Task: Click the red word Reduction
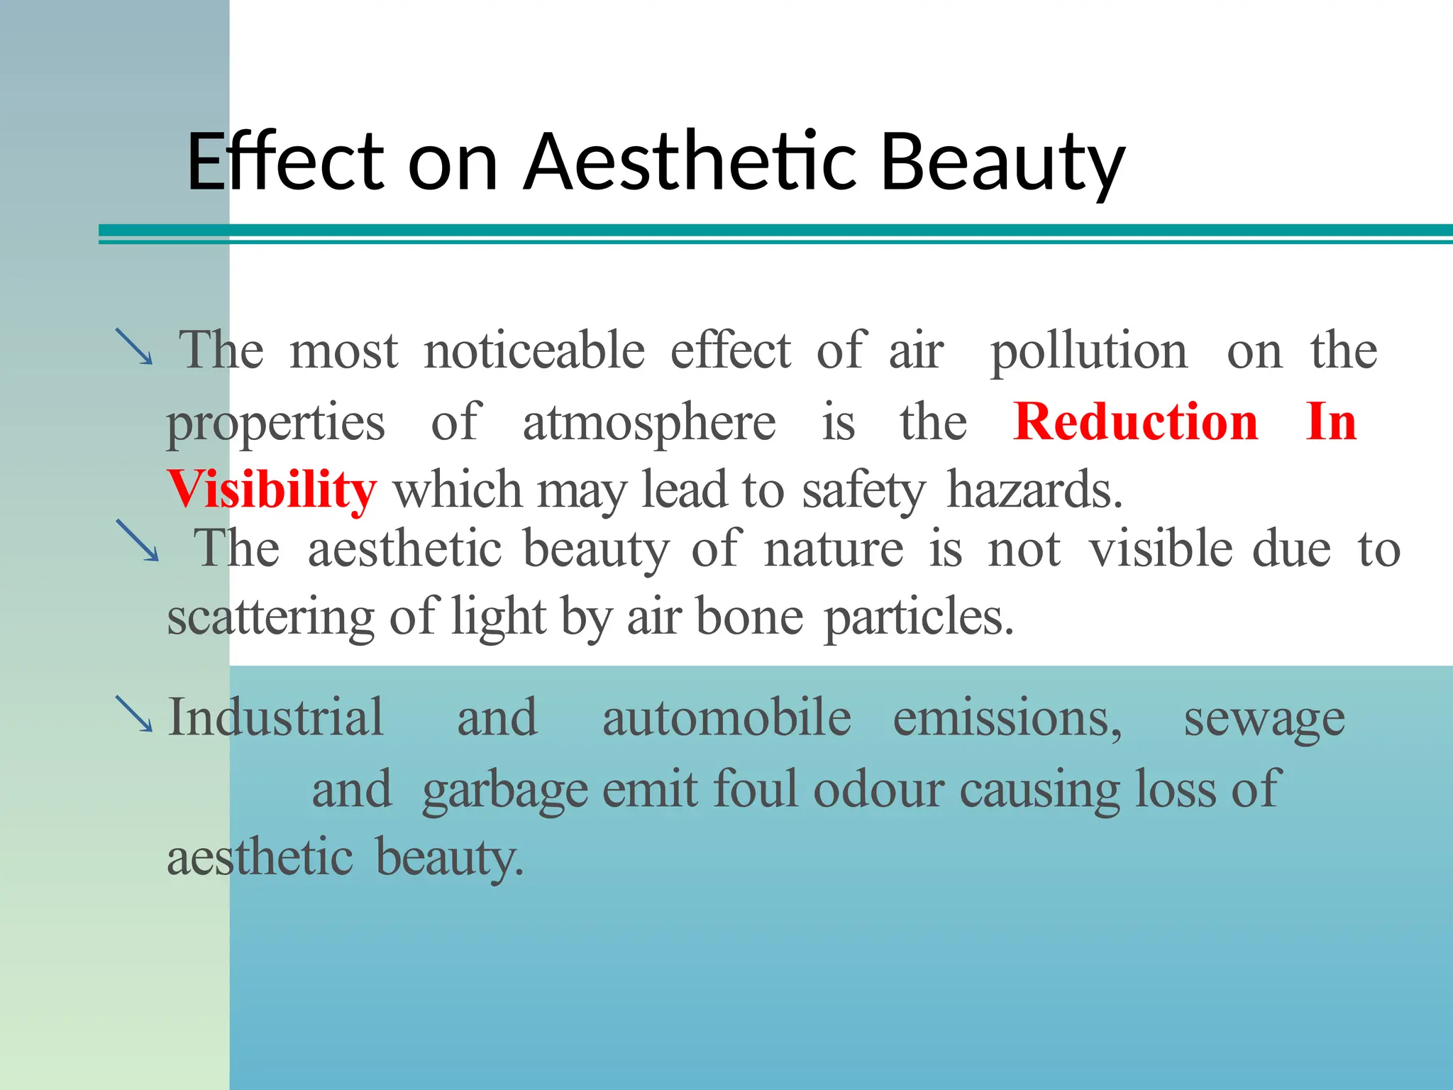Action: (1136, 422)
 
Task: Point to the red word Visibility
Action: (271, 490)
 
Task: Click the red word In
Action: (1331, 422)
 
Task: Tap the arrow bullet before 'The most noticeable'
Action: (134, 346)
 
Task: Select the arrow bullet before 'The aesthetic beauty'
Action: (138, 541)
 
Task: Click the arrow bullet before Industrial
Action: (134, 714)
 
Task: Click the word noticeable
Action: (534, 351)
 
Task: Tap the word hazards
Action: (1034, 490)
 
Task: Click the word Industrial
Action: (275, 717)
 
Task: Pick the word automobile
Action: (726, 717)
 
